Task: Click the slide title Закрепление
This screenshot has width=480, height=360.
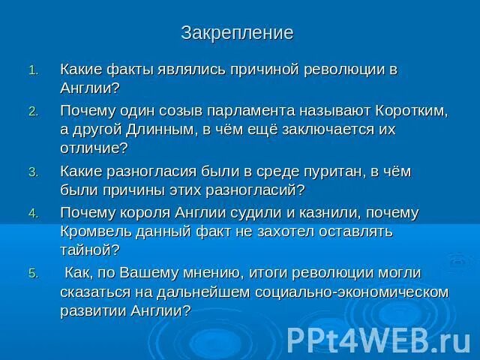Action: click(x=237, y=33)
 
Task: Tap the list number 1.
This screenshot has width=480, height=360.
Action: click(x=32, y=70)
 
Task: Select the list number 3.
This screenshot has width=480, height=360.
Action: click(x=32, y=172)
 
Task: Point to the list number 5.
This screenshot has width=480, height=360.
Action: click(x=32, y=274)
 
